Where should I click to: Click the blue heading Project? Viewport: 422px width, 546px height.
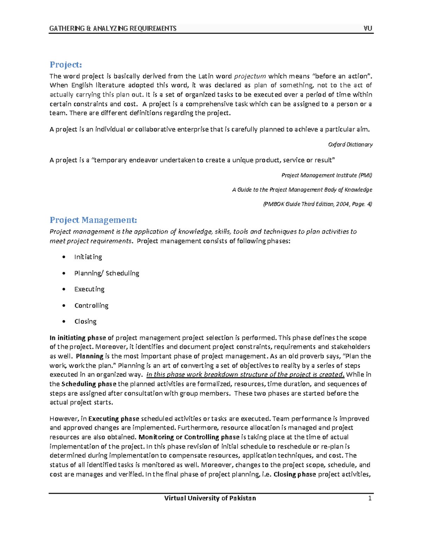[65, 65]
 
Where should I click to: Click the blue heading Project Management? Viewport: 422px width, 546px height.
[93, 220]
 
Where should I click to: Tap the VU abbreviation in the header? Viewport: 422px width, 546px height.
[368, 28]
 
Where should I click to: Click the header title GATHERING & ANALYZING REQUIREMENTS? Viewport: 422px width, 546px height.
[113, 28]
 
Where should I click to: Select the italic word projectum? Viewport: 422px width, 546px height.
[250, 76]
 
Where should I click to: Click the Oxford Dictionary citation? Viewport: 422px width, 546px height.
[350, 144]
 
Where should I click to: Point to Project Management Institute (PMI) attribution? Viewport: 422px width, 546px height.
[327, 175]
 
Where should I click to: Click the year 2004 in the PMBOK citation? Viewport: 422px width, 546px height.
[342, 204]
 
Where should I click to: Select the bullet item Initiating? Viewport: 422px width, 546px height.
[88, 257]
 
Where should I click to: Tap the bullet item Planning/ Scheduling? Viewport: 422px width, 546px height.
[107, 273]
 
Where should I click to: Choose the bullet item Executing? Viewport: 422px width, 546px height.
[89, 289]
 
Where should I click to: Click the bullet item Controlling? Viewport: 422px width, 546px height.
[91, 306]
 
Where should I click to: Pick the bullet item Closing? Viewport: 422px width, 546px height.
[85, 321]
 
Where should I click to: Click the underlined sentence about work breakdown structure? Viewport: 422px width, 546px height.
[245, 375]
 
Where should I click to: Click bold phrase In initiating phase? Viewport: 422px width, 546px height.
[78, 338]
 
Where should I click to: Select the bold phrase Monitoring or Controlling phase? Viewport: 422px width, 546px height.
[189, 437]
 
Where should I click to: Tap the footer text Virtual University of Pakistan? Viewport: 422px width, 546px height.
[210, 498]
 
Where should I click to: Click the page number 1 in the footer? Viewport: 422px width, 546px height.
[370, 498]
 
